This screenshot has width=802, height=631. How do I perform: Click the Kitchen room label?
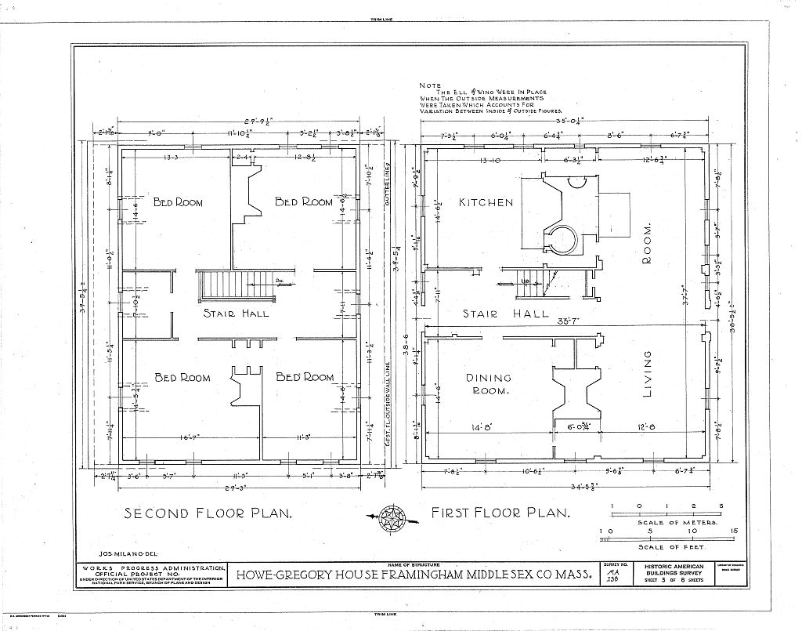pyautogui.click(x=486, y=202)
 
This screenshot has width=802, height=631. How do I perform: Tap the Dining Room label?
pyautogui.click(x=489, y=383)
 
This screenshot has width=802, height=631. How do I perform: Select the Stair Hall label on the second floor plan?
pyautogui.click(x=236, y=314)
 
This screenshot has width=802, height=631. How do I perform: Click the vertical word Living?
pyautogui.click(x=648, y=374)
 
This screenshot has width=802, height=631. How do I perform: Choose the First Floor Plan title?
pyautogui.click(x=500, y=513)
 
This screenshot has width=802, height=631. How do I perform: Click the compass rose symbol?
pyautogui.click(x=392, y=517)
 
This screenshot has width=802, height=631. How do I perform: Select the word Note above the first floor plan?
pyautogui.click(x=430, y=85)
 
